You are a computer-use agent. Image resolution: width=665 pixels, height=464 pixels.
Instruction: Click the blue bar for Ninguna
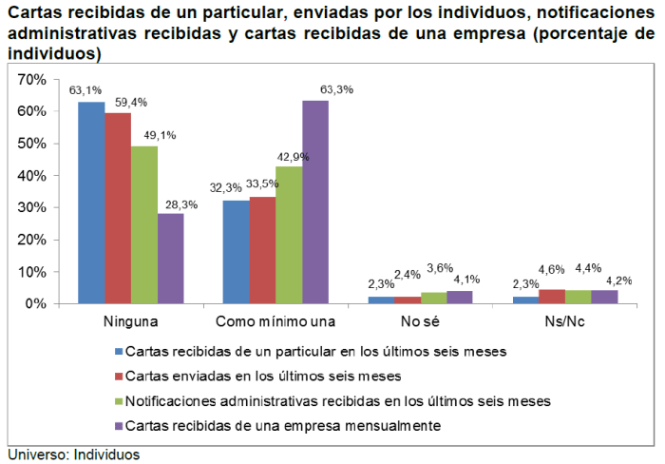pyautogui.click(x=91, y=203)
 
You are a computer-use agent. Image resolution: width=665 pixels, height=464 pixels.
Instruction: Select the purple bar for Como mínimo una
pyautogui.click(x=315, y=202)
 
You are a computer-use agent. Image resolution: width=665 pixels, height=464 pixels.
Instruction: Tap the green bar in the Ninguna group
pyautogui.click(x=144, y=224)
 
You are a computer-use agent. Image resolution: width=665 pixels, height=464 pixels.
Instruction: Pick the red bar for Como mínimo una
pyautogui.click(x=262, y=250)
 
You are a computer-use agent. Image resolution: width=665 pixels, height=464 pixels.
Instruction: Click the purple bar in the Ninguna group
pyautogui.click(x=171, y=258)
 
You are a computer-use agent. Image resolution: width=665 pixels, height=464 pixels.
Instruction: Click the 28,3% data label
pyautogui.click(x=178, y=203)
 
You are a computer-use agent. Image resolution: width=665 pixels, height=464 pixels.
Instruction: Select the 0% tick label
pyautogui.click(x=35, y=303)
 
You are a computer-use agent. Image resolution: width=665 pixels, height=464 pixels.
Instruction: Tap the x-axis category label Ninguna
pyautogui.click(x=131, y=320)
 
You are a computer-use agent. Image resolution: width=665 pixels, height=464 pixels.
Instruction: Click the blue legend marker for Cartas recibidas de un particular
pyautogui.click(x=117, y=351)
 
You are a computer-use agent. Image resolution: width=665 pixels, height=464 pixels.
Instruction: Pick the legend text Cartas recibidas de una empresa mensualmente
pyautogui.click(x=283, y=425)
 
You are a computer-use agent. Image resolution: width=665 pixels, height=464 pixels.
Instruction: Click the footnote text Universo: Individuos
pyautogui.click(x=74, y=454)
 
